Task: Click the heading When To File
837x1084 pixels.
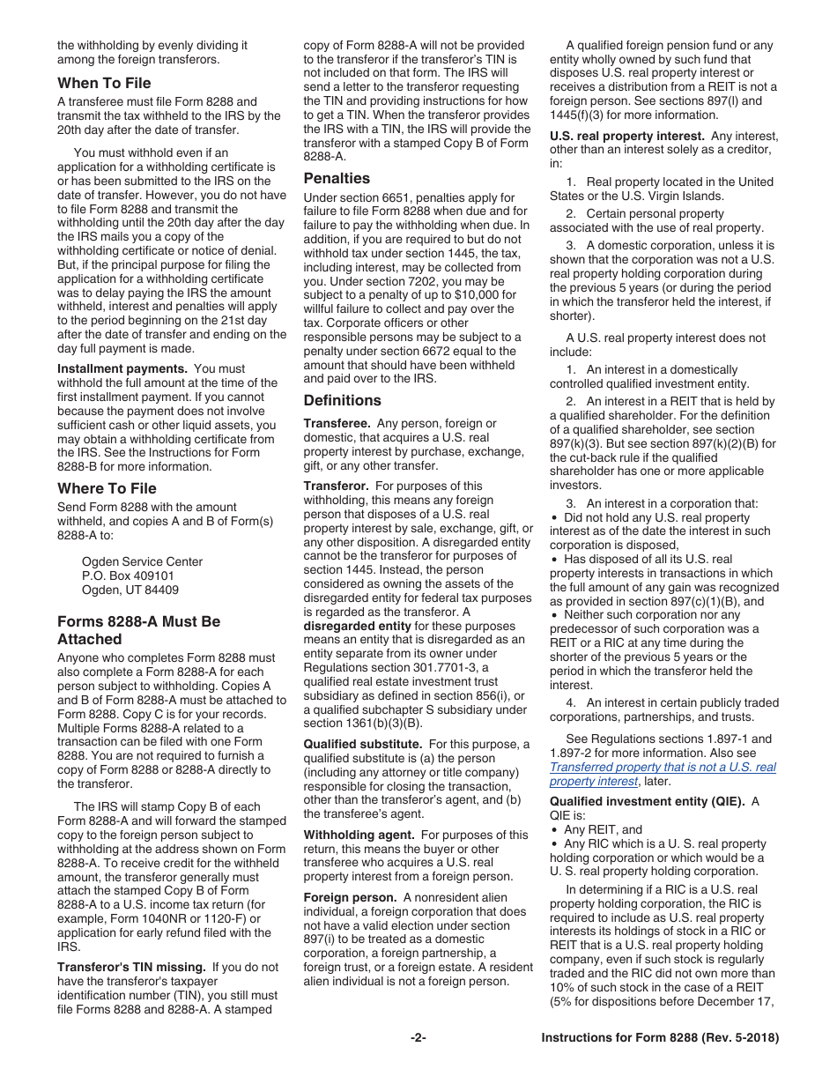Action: [x=104, y=83]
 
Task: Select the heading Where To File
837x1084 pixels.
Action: [x=107, y=488]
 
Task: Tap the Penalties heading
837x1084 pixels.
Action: [x=337, y=178]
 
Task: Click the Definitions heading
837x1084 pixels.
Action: [x=342, y=400]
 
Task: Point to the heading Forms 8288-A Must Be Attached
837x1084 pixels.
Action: [x=138, y=630]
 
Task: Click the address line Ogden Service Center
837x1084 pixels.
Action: [x=142, y=561]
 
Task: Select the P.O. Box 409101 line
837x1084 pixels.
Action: [x=128, y=575]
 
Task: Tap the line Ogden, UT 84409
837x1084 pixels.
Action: [x=130, y=590]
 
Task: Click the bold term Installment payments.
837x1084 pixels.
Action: [x=122, y=368]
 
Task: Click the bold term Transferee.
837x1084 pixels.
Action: [x=337, y=424]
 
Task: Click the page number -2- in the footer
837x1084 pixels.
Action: [x=418, y=1038]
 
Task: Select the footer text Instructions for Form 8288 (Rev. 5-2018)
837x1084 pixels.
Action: [x=659, y=1038]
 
